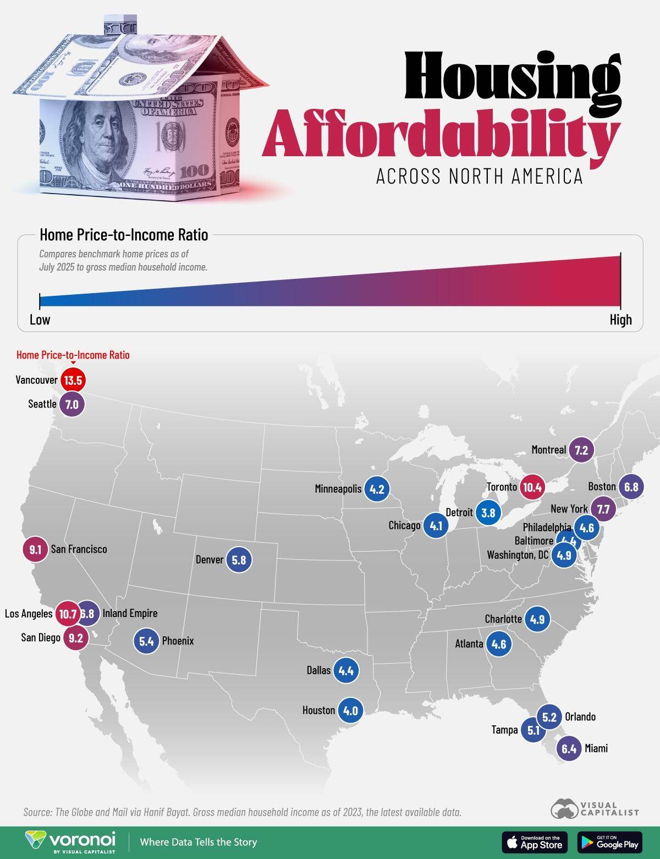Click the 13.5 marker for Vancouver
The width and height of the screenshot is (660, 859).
tap(73, 381)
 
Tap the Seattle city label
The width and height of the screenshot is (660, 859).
tap(42, 404)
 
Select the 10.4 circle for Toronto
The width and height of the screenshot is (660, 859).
tap(532, 487)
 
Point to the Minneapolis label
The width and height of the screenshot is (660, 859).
tap(338, 489)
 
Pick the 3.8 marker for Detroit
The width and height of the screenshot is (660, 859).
tap(488, 513)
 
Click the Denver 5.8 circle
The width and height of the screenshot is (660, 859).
tap(239, 560)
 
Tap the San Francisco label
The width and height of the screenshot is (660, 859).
tap(79, 549)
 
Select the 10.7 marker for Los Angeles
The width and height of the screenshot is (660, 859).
tap(68, 614)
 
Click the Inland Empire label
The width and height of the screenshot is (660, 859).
tap(130, 614)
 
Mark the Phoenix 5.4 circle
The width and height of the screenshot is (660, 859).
tap(146, 641)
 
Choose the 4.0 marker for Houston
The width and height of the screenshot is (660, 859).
tap(350, 711)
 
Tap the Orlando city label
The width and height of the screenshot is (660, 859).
tap(580, 717)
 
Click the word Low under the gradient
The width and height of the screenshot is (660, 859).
tap(40, 320)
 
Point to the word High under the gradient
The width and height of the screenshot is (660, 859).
tap(620, 320)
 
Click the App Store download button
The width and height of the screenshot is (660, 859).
tap(534, 842)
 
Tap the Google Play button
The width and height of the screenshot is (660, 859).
tap(610, 842)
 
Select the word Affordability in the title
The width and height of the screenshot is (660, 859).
tap(440, 135)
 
